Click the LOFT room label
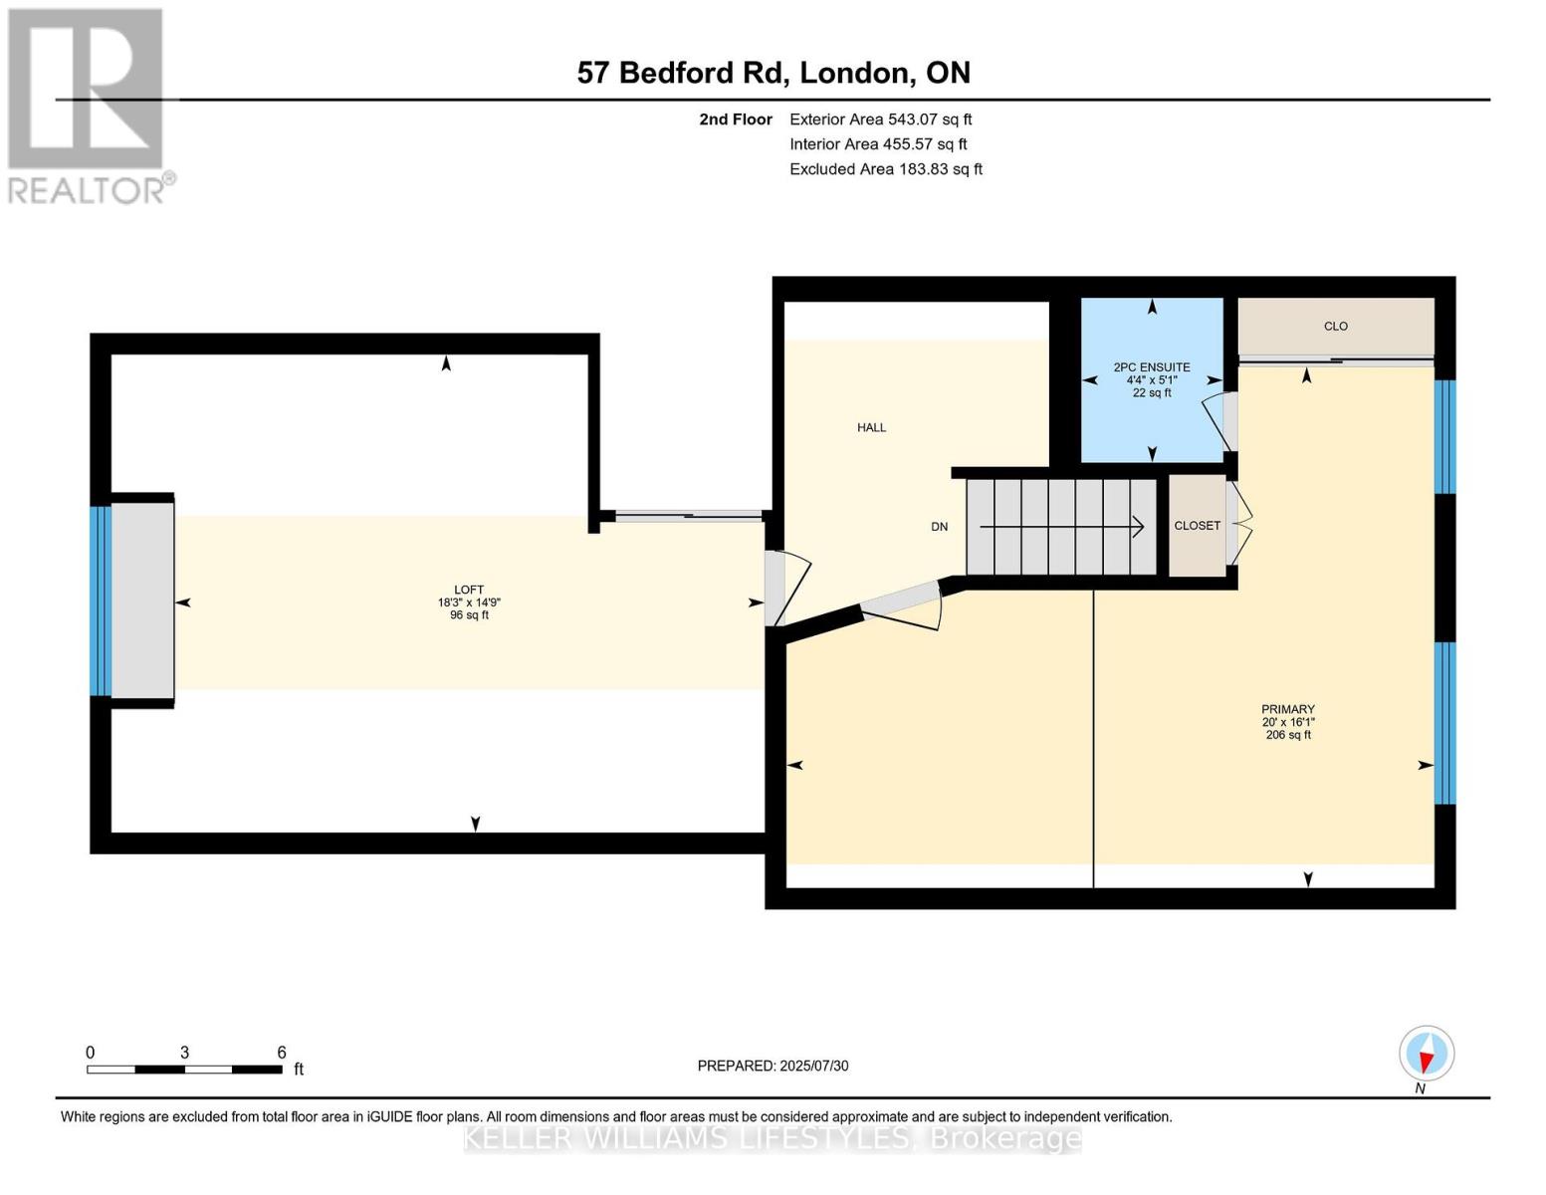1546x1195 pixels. tap(469, 590)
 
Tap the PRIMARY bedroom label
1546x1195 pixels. tap(1288, 709)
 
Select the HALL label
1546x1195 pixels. tap(871, 428)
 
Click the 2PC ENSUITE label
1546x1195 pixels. tap(1152, 367)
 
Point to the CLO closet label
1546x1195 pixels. tap(1335, 326)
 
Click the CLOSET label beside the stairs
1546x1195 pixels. tap(1198, 525)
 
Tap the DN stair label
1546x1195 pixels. tap(939, 527)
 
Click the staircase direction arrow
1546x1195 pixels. tap(1061, 527)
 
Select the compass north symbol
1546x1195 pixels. tap(1427, 1054)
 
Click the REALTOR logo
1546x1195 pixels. tap(89, 107)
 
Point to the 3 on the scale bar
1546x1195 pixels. tap(184, 1052)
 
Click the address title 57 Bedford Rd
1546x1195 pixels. tap(679, 73)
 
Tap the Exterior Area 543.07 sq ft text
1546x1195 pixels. tap(881, 119)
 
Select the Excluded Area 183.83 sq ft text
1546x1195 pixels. tap(886, 169)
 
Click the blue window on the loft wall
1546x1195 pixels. tap(101, 600)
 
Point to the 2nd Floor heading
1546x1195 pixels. tap(736, 119)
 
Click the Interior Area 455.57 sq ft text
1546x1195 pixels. tap(879, 144)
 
